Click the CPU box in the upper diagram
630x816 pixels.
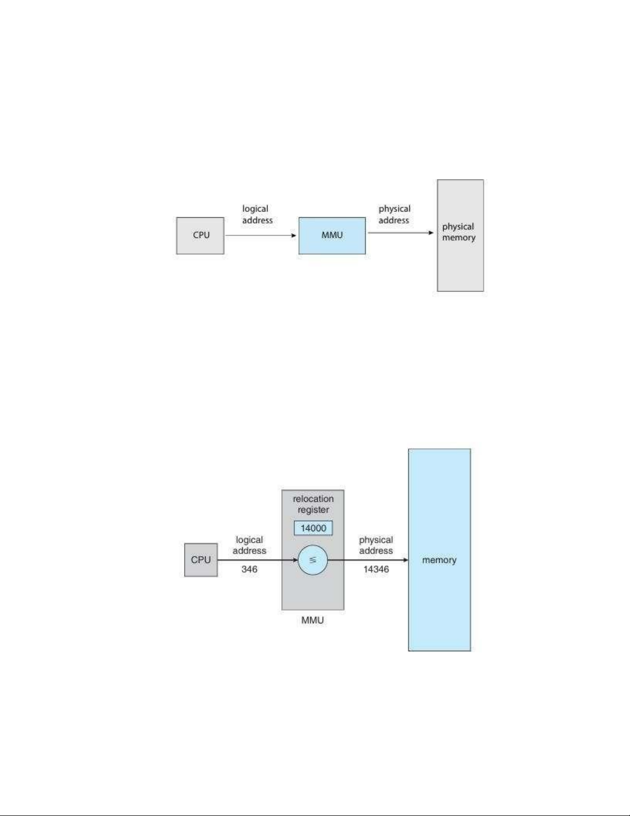pyautogui.click(x=200, y=235)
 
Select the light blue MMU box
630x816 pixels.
pyautogui.click(x=332, y=235)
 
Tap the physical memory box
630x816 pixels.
pyautogui.click(x=460, y=268)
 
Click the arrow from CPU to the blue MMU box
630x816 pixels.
pyautogui.click(x=260, y=236)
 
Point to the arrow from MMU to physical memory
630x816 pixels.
pyautogui.click(x=400, y=233)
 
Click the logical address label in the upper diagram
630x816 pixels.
pyautogui.click(x=257, y=215)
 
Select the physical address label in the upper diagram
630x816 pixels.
pyautogui.click(x=394, y=215)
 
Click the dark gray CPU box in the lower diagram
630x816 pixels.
pyautogui.click(x=201, y=560)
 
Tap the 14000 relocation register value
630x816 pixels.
pyautogui.click(x=313, y=528)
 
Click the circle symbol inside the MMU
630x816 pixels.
pyautogui.click(x=313, y=560)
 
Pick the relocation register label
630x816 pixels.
pyautogui.click(x=313, y=504)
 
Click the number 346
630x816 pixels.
pyautogui.click(x=249, y=569)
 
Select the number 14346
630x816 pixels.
pyautogui.click(x=376, y=569)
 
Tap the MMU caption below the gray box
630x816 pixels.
pyautogui.click(x=312, y=620)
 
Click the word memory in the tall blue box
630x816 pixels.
pyautogui.click(x=439, y=560)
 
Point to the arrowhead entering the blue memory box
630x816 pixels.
pyautogui.click(x=405, y=560)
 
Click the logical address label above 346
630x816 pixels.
pyautogui.click(x=249, y=545)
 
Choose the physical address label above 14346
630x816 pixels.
pyautogui.click(x=376, y=545)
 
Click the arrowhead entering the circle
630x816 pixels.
pyautogui.click(x=295, y=560)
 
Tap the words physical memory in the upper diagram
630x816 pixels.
pyautogui.click(x=459, y=232)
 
